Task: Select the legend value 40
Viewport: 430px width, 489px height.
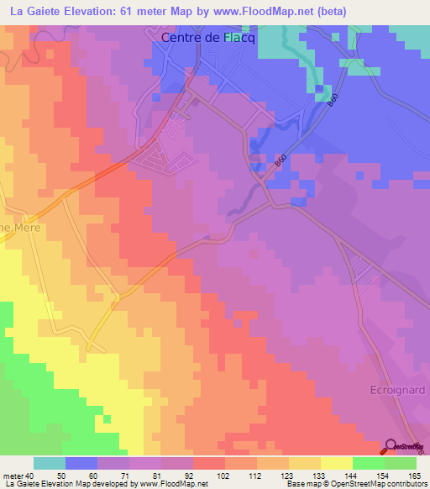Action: tap(29, 476)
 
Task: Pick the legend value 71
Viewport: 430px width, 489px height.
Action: tap(115, 476)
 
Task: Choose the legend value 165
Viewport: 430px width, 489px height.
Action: tap(401, 476)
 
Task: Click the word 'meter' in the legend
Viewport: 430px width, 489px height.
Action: tap(13, 476)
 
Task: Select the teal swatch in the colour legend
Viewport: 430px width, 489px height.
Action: tap(49, 463)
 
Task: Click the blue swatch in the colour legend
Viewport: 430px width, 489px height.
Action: tap(81, 463)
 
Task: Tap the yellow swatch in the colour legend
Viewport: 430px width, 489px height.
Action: tap(336, 463)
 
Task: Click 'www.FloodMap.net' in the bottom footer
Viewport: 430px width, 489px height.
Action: tap(186, 485)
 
